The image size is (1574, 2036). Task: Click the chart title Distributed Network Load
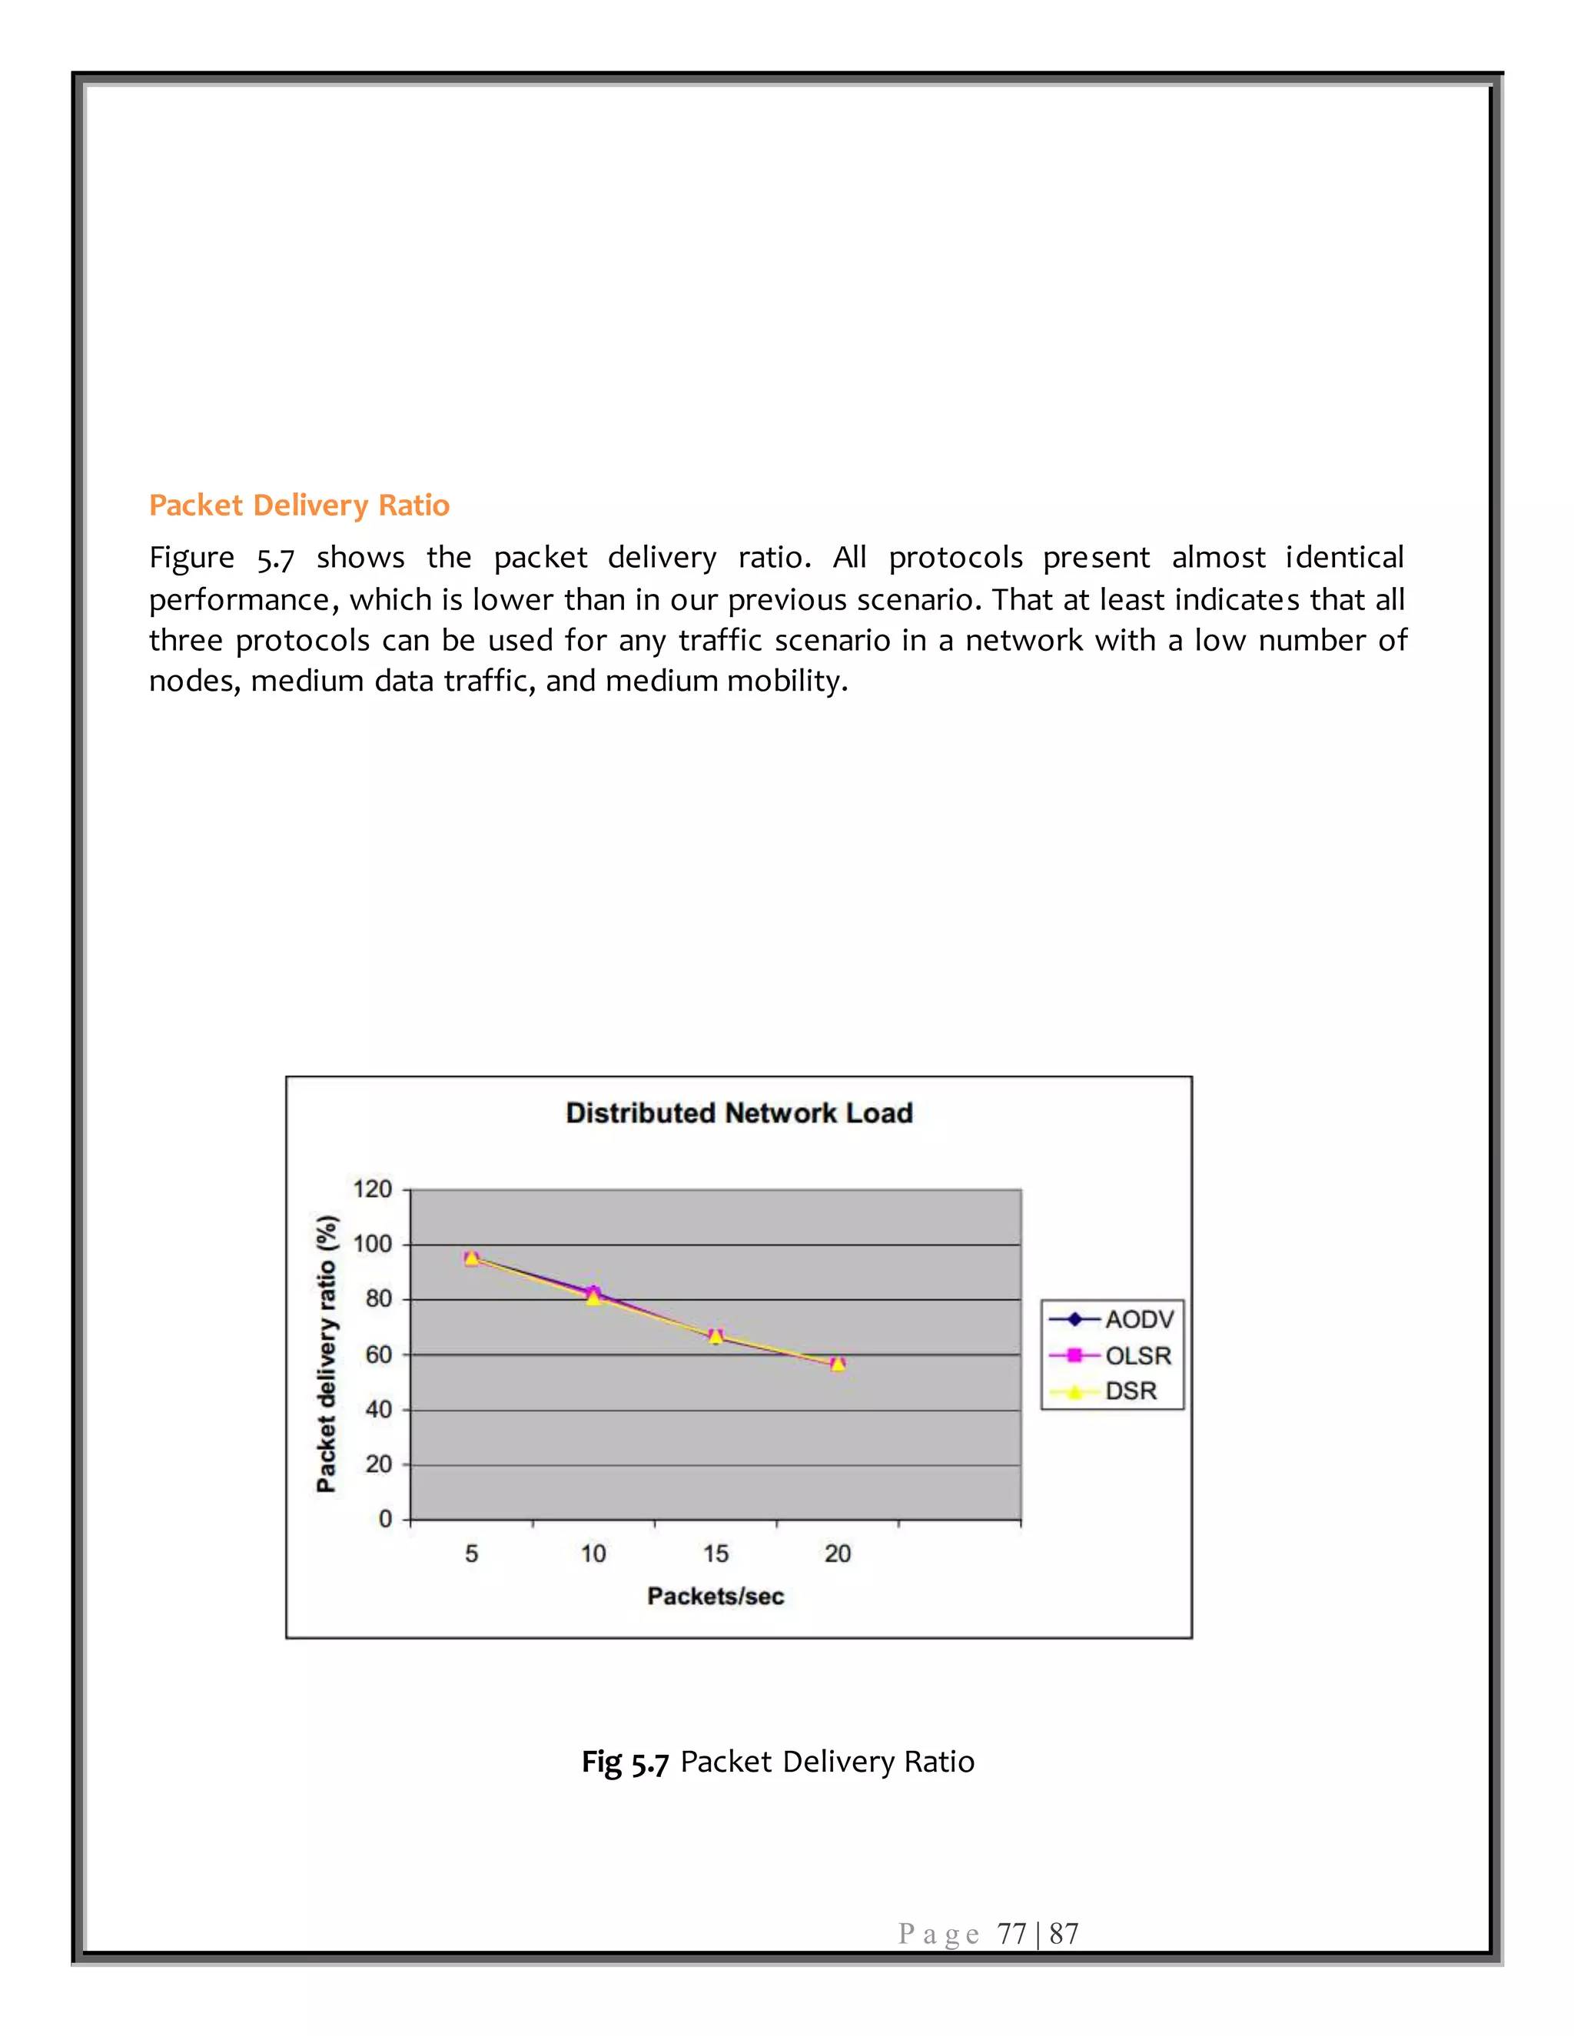[739, 1113]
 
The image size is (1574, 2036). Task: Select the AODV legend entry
[1138, 1319]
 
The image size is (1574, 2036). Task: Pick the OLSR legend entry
[1137, 1355]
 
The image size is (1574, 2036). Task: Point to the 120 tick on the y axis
[372, 1189]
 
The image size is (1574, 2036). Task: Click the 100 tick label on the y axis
[372, 1244]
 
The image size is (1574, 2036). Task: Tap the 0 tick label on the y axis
[384, 1519]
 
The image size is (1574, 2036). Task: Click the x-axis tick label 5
[471, 1554]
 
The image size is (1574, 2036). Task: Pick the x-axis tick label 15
[716, 1554]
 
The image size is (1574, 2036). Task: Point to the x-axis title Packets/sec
[716, 1596]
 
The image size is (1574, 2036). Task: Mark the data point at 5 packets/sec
[472, 1258]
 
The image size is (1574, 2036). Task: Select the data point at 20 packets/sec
[838, 1365]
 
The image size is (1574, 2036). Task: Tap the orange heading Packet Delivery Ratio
[299, 506]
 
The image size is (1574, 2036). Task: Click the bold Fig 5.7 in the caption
[625, 1762]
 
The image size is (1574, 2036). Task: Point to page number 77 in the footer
[1011, 1935]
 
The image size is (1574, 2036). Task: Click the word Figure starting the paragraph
[192, 558]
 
